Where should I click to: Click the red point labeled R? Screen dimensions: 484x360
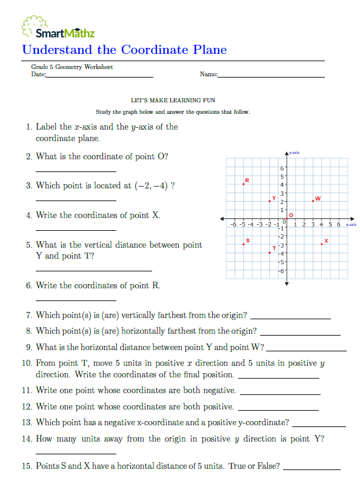244,184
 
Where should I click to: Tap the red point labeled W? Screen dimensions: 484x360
313,201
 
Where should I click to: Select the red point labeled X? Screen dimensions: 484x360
322,244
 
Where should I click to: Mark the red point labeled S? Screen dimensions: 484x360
244,244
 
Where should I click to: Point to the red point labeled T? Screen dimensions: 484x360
270,252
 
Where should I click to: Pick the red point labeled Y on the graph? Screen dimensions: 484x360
270,201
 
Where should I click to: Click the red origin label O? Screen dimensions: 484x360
292,214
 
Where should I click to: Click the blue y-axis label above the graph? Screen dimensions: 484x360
295,152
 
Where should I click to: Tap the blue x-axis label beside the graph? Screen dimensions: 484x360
351,224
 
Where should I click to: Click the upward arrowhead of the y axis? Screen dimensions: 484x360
287,151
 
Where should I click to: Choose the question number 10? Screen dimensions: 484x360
26,363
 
